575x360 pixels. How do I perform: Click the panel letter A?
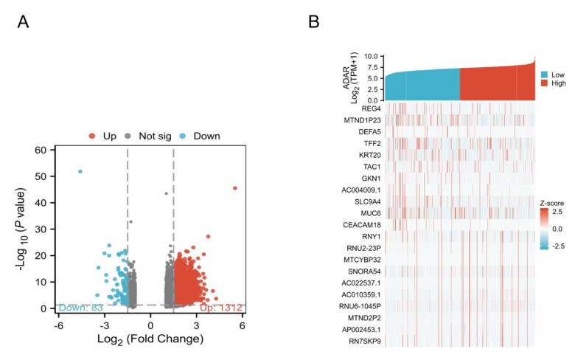[x=24, y=23]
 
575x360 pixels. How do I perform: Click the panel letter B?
[x=314, y=23]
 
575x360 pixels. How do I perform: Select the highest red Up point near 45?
[x=235, y=188]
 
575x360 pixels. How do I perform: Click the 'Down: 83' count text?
[x=80, y=306]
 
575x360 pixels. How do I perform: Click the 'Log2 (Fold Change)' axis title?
[x=150, y=339]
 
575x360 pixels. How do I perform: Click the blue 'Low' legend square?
[x=544, y=75]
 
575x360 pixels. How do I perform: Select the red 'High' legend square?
[x=544, y=84]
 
